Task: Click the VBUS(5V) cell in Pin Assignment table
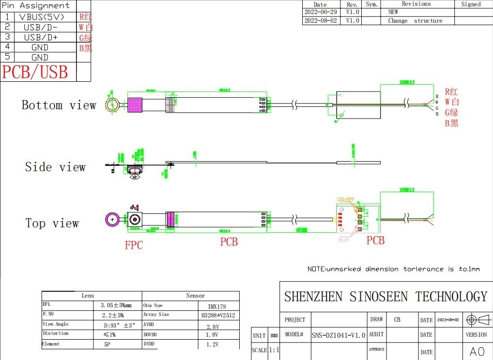pos(41,16)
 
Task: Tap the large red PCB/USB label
pos(35,72)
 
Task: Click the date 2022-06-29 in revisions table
pos(320,12)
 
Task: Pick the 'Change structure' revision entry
pos(415,21)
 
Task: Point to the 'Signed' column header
pos(471,4)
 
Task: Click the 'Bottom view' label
pos(59,105)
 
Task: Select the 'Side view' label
pos(55,167)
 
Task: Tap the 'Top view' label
pos(52,223)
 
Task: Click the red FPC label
pos(134,245)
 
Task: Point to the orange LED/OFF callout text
pos(345,199)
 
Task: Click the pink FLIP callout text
pos(344,240)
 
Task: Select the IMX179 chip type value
pos(216,306)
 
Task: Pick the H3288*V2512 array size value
pos(218,315)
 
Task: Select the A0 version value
pos(477,351)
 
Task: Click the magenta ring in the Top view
pos(113,220)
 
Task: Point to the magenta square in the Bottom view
pos(134,104)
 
